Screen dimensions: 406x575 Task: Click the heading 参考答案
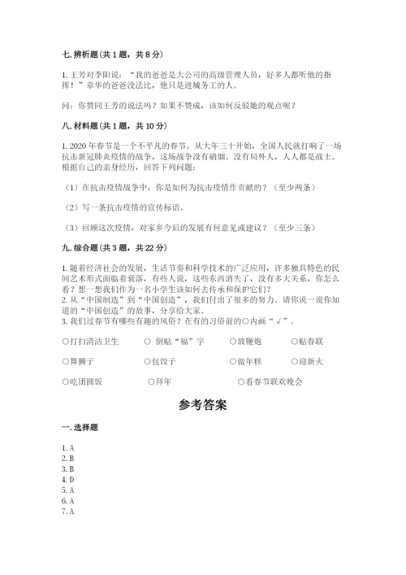click(x=202, y=403)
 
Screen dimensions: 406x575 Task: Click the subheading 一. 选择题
click(x=79, y=428)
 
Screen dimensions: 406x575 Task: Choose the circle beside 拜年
click(x=151, y=381)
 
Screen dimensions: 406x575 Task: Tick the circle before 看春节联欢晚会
click(x=241, y=381)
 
